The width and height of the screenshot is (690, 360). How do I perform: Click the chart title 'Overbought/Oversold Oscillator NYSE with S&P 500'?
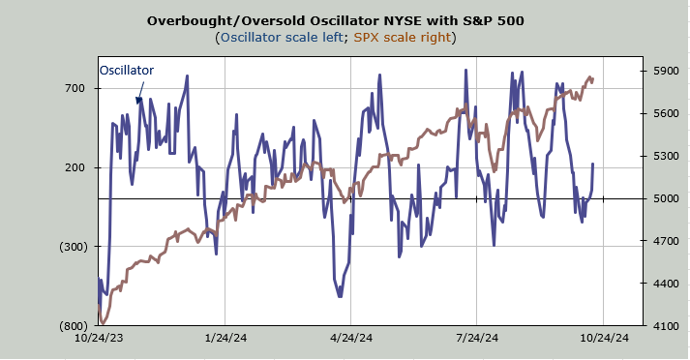click(x=335, y=20)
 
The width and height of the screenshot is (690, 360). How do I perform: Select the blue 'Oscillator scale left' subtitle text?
click(x=282, y=37)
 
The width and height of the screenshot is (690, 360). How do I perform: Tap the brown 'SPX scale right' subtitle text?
click(x=403, y=37)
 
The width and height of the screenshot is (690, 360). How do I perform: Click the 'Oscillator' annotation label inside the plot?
click(x=127, y=71)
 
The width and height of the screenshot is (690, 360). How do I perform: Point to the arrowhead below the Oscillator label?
click(x=138, y=101)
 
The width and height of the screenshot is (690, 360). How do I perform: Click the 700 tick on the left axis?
click(x=75, y=88)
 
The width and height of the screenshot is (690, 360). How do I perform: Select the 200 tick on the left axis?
click(x=75, y=167)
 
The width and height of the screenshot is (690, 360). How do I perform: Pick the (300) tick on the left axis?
click(x=74, y=247)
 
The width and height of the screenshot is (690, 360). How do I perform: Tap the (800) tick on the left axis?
click(x=74, y=326)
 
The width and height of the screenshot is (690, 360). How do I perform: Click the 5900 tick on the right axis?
click(x=666, y=71)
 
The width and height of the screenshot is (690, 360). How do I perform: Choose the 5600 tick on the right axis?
click(x=666, y=113)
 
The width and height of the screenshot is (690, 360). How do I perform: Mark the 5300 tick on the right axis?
click(x=666, y=156)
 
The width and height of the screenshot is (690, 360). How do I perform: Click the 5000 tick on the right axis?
click(x=666, y=198)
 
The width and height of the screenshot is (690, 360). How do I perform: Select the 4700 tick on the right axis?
click(x=666, y=241)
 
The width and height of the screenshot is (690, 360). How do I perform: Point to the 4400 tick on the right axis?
click(x=666, y=284)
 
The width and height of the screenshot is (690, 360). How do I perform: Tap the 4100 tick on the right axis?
click(x=666, y=326)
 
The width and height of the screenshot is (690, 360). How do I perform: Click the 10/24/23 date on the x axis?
click(x=99, y=338)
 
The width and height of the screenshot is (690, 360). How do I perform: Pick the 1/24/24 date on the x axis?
click(x=225, y=338)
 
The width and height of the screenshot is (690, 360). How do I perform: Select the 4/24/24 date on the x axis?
click(x=351, y=338)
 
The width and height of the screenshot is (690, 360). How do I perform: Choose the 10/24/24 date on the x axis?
click(x=604, y=338)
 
